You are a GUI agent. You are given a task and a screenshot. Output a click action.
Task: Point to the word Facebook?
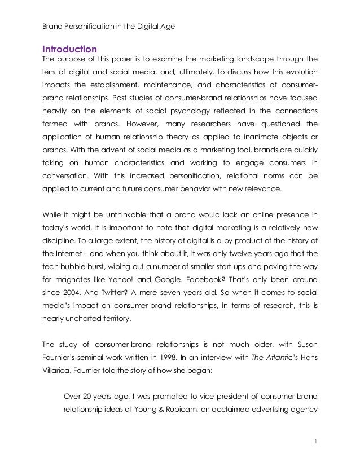(x=236, y=278)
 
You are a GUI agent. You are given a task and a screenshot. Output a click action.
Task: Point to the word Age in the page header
(x=168, y=26)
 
